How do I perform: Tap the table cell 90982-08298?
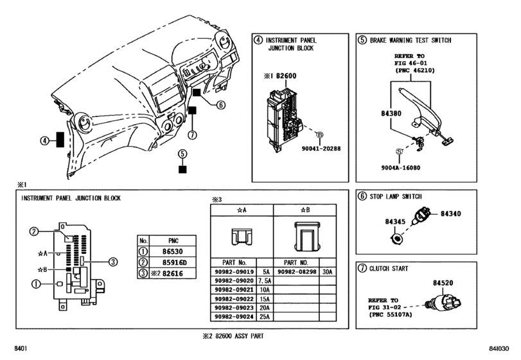pos(297,271)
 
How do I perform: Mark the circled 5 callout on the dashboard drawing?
pos(182,154)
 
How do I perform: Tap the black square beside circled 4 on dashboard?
pos(60,140)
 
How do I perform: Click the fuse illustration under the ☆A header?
pos(242,236)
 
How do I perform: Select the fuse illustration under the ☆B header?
pos(305,236)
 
